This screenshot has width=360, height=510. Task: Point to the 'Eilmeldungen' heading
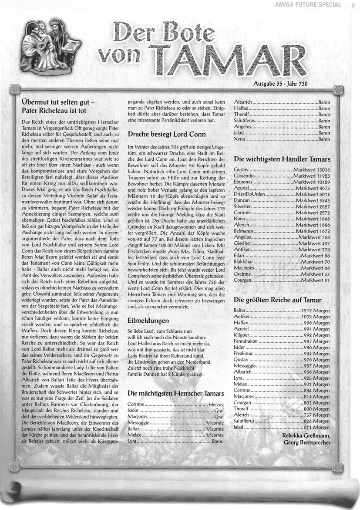(x=148, y=321)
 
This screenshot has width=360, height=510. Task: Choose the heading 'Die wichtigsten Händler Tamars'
(x=282, y=159)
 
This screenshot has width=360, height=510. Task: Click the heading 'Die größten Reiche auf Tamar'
(x=278, y=300)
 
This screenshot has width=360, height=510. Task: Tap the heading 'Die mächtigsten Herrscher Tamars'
(x=176, y=393)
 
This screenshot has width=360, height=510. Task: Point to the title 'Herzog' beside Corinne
(x=216, y=405)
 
